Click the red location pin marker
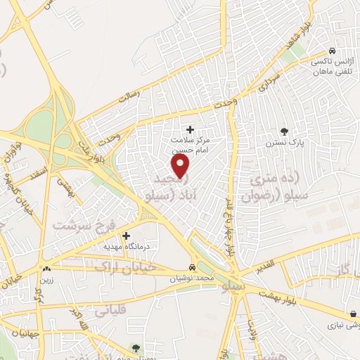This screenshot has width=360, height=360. click(x=181, y=167)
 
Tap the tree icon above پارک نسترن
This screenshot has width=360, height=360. click(x=284, y=131)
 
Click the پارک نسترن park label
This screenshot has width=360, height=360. click(x=283, y=143)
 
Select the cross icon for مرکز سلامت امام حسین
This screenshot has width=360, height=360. click(x=190, y=129)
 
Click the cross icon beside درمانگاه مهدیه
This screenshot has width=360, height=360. click(x=126, y=236)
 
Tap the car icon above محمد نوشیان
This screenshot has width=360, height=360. click(x=201, y=267)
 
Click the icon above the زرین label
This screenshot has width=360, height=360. click(x=46, y=268)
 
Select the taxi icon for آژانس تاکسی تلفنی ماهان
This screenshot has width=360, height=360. click(x=332, y=51)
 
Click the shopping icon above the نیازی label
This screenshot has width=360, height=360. click(x=352, y=314)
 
